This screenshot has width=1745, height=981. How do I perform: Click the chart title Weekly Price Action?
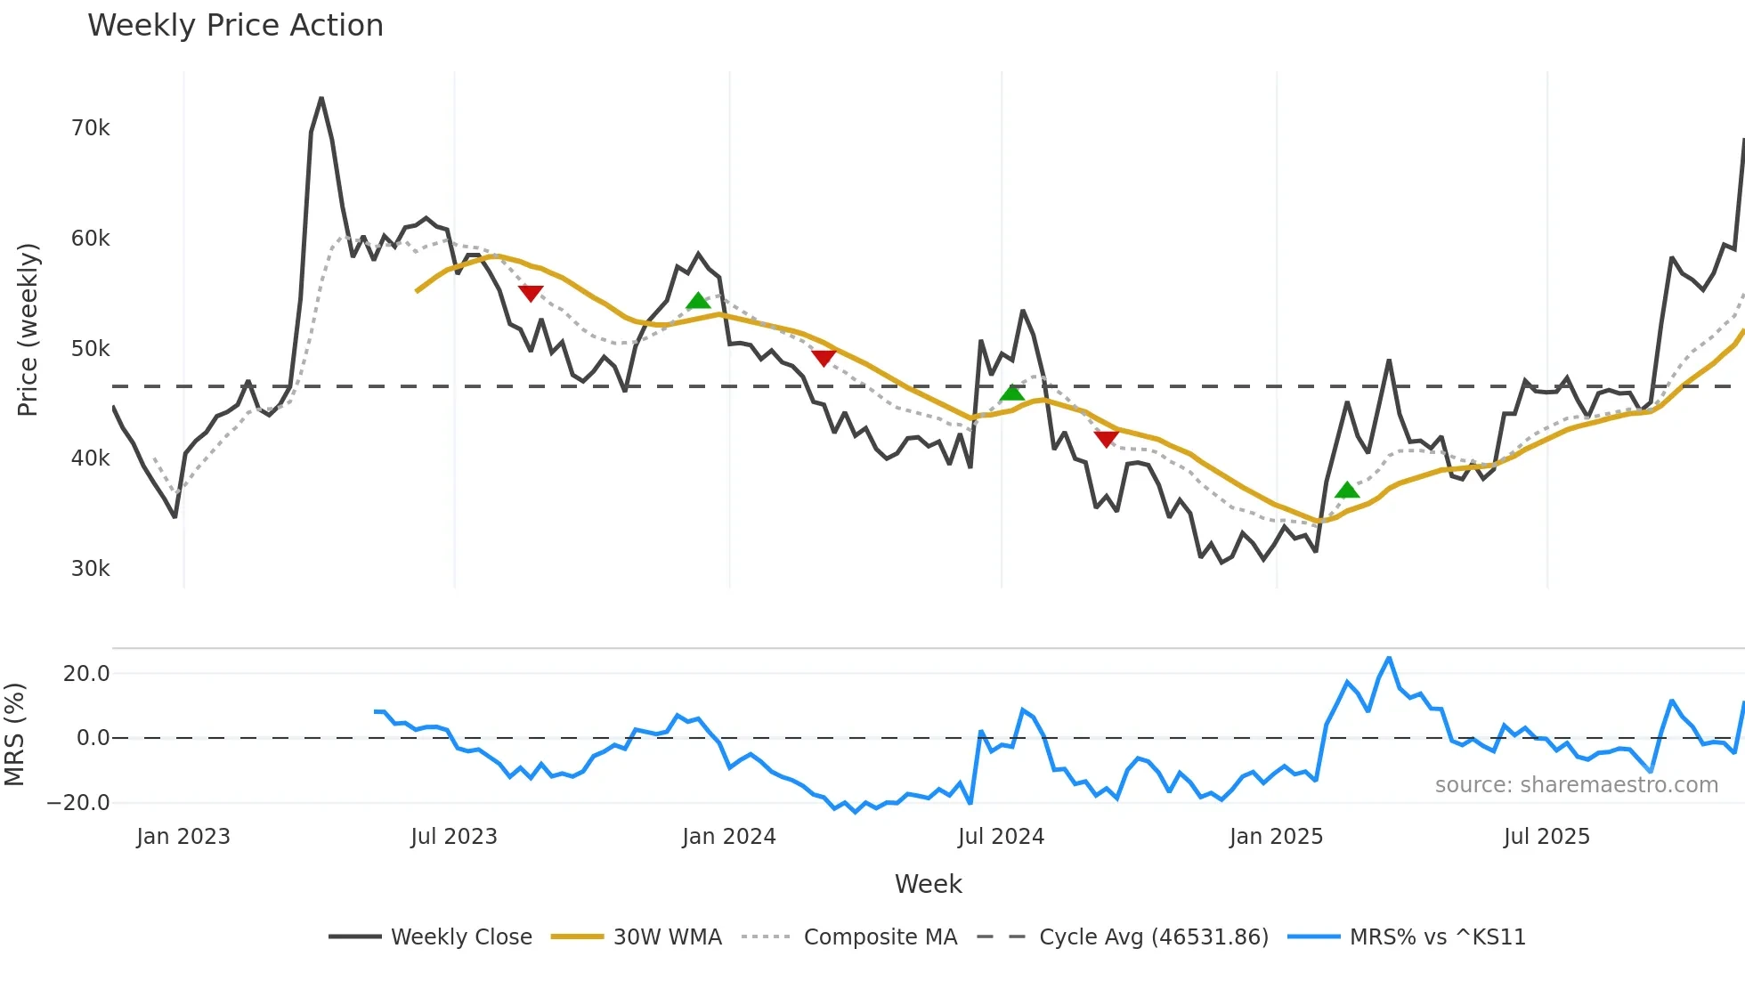tap(235, 26)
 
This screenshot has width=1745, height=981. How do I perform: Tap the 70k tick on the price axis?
tap(90, 128)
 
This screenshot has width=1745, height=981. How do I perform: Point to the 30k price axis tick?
tap(90, 569)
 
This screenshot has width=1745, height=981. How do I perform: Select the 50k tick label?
tap(90, 349)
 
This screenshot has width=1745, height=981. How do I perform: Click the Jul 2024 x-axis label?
tap(1001, 837)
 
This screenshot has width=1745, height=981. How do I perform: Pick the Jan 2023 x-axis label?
tap(183, 837)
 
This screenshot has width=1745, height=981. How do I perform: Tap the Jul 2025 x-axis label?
tap(1546, 837)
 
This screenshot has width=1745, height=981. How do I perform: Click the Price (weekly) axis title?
tap(28, 329)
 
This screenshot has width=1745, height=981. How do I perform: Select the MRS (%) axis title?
tap(15, 734)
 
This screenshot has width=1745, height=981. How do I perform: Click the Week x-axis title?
tap(928, 884)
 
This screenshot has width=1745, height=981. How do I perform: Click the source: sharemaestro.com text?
tap(1576, 785)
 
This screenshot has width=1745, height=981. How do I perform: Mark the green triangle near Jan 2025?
tap(1347, 490)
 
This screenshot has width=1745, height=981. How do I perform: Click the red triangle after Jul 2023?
tap(531, 293)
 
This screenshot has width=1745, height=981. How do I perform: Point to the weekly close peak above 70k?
tap(321, 99)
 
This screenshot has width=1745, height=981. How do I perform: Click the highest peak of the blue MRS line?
tap(1389, 659)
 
